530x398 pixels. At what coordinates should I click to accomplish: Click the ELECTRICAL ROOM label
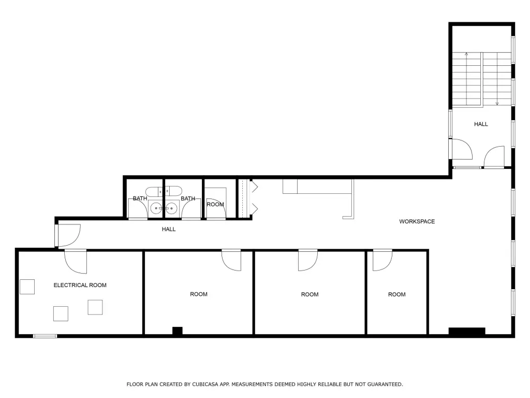(x=80, y=285)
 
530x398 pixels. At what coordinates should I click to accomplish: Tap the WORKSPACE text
(x=417, y=221)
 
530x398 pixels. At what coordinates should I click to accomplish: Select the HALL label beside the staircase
(x=481, y=124)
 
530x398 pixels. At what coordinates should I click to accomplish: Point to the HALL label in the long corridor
(x=169, y=229)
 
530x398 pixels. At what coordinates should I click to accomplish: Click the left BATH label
(x=140, y=198)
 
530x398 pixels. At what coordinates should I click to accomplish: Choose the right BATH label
(x=188, y=198)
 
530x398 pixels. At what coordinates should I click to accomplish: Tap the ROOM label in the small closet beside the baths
(x=215, y=204)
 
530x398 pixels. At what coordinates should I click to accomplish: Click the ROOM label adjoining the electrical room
(x=198, y=294)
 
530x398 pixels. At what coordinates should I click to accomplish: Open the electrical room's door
(x=76, y=261)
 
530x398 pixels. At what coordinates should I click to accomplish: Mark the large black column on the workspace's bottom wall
(x=466, y=331)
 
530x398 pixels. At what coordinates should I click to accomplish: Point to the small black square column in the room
(x=178, y=331)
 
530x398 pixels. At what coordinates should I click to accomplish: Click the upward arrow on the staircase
(x=466, y=54)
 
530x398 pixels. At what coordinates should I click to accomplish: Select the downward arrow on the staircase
(x=497, y=103)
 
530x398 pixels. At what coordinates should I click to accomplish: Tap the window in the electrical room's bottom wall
(x=45, y=336)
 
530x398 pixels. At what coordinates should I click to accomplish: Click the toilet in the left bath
(x=154, y=190)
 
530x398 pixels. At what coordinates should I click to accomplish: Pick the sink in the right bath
(x=172, y=208)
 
